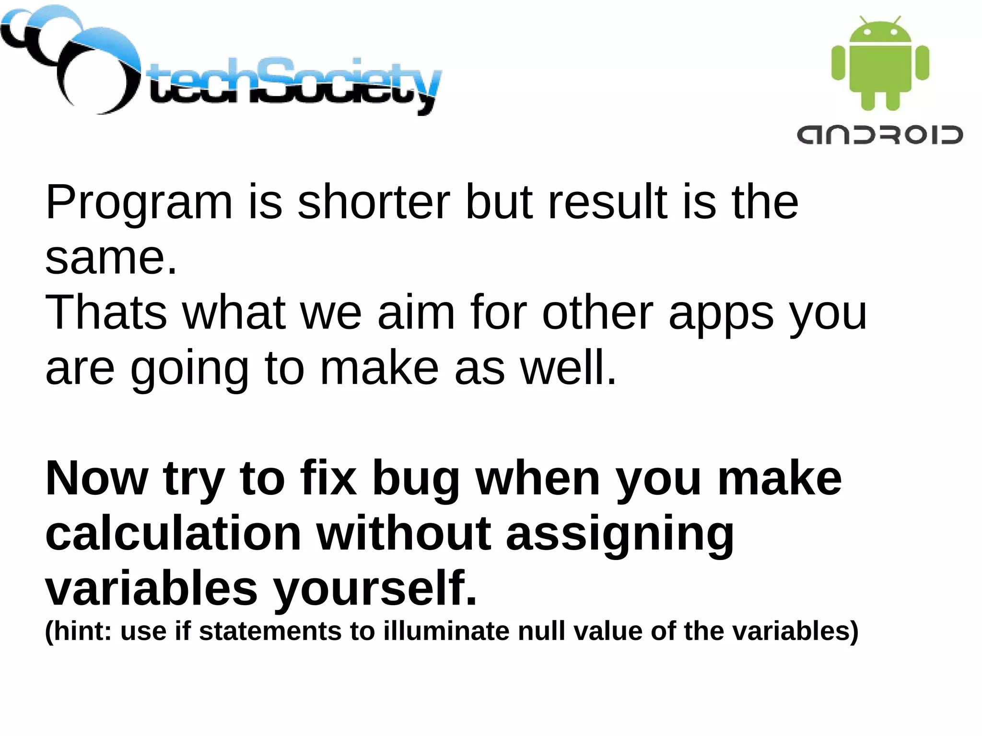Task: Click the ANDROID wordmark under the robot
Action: (880, 135)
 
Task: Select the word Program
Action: (139, 204)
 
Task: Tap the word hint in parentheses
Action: (80, 631)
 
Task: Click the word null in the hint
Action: (541, 631)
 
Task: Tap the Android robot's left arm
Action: (837, 63)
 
